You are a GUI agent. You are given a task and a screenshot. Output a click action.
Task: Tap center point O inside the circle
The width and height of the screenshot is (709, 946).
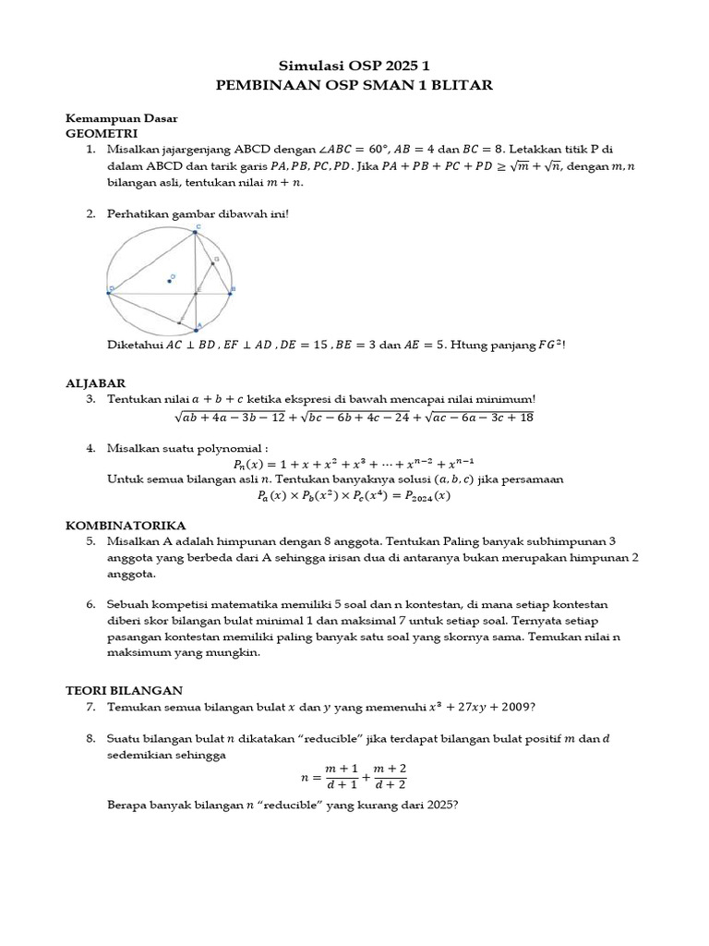(x=169, y=279)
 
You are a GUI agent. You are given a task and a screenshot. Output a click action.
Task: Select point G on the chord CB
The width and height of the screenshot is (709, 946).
(x=212, y=262)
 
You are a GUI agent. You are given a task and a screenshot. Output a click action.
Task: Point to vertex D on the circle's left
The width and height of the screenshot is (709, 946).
(x=110, y=294)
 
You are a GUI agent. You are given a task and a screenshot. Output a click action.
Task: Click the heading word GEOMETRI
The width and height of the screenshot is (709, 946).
(x=97, y=133)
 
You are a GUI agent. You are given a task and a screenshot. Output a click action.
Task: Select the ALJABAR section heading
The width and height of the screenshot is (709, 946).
(x=95, y=382)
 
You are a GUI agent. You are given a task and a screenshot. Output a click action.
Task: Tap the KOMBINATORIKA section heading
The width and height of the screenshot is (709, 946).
(x=126, y=524)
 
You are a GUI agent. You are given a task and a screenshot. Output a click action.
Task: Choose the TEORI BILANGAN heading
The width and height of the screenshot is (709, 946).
(x=125, y=689)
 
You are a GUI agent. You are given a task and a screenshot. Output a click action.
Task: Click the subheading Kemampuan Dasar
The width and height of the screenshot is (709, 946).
(x=121, y=118)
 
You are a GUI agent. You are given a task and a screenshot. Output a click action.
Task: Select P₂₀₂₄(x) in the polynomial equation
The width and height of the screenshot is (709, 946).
(x=430, y=496)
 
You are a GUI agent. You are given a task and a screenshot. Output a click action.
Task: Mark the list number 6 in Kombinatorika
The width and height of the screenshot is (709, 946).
(x=91, y=604)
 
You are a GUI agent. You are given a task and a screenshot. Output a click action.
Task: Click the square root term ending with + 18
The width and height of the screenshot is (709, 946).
(x=474, y=418)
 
